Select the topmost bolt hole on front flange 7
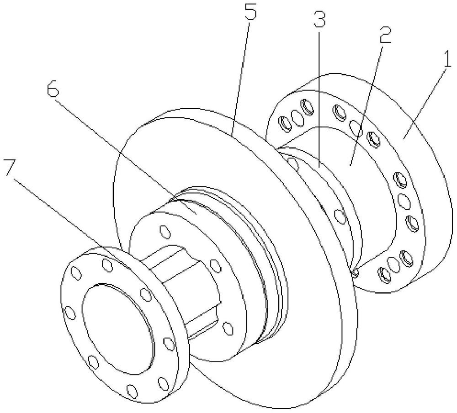(107, 265)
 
